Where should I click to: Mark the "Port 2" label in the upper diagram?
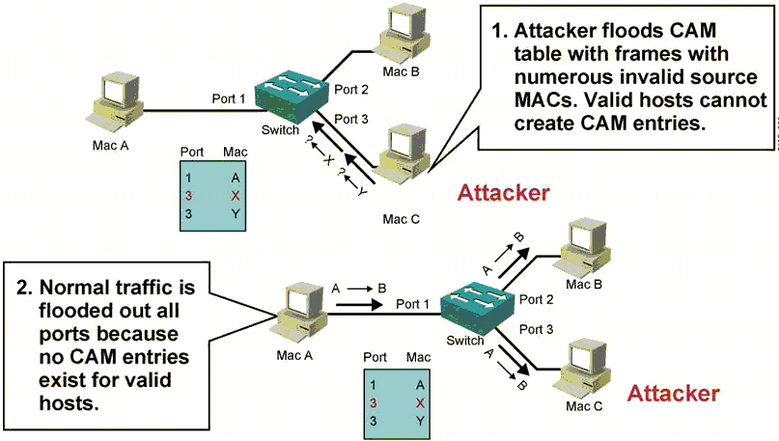point(350,91)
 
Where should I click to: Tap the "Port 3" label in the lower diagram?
point(538,330)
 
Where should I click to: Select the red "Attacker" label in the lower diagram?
point(673,393)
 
